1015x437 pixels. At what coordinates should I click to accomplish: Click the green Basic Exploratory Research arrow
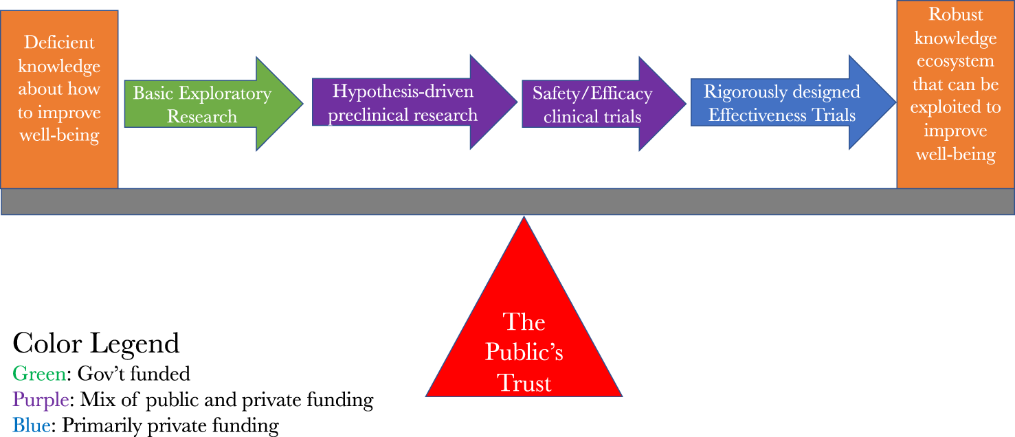pyautogui.click(x=206, y=104)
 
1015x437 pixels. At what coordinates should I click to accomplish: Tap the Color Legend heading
pyautogui.click(x=96, y=343)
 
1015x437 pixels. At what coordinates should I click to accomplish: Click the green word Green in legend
pyautogui.click(x=40, y=374)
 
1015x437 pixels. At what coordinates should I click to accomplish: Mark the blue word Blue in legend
pyautogui.click(x=32, y=425)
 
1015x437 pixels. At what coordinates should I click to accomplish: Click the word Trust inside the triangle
pyautogui.click(x=524, y=383)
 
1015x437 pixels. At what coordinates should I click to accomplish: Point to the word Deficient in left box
pyautogui.click(x=59, y=43)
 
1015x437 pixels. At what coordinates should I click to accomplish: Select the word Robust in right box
pyautogui.click(x=955, y=14)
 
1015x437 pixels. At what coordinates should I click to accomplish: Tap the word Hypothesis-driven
pyautogui.click(x=403, y=91)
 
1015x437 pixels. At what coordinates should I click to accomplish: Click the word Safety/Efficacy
pyautogui.click(x=592, y=93)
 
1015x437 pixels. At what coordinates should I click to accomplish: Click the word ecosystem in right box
pyautogui.click(x=955, y=61)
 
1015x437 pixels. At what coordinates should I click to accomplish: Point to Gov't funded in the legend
pyautogui.click(x=133, y=374)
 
